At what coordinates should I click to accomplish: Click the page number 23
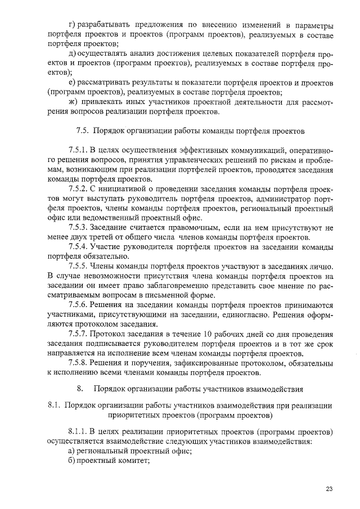329,489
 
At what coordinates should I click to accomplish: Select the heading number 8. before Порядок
80,388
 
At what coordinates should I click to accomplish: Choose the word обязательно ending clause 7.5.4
84,256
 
